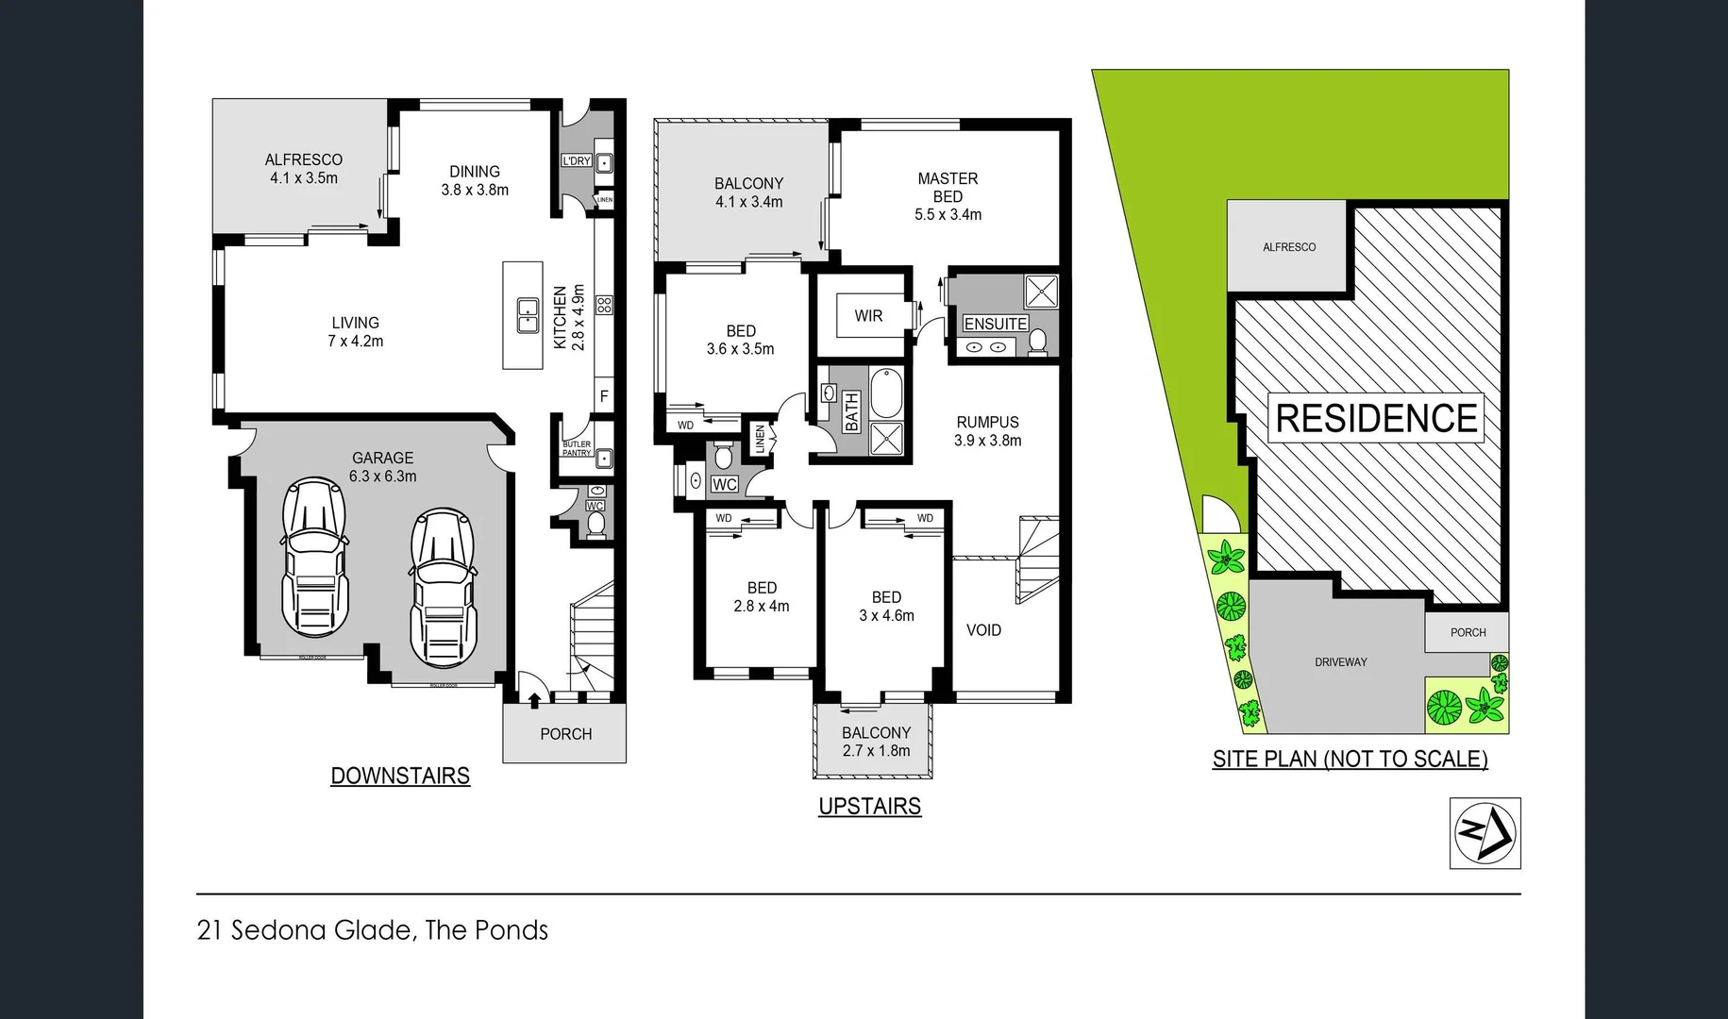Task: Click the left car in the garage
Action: point(314,558)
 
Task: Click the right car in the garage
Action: point(443,587)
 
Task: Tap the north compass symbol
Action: point(1485,833)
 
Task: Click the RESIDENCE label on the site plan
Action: point(1375,418)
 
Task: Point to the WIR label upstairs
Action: point(868,316)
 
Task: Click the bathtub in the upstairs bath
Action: point(885,393)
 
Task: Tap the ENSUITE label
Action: point(995,324)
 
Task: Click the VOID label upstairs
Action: point(983,630)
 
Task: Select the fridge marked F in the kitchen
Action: point(604,396)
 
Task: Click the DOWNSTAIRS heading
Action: point(400,776)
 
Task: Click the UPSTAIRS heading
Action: point(869,806)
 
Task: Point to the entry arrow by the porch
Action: point(535,700)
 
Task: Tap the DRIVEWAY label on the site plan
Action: point(1340,662)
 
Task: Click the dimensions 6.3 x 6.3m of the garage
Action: point(382,476)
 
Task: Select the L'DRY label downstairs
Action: point(577,161)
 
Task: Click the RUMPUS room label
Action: point(987,422)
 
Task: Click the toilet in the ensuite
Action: point(1037,342)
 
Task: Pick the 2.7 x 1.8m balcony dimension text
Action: point(876,751)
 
